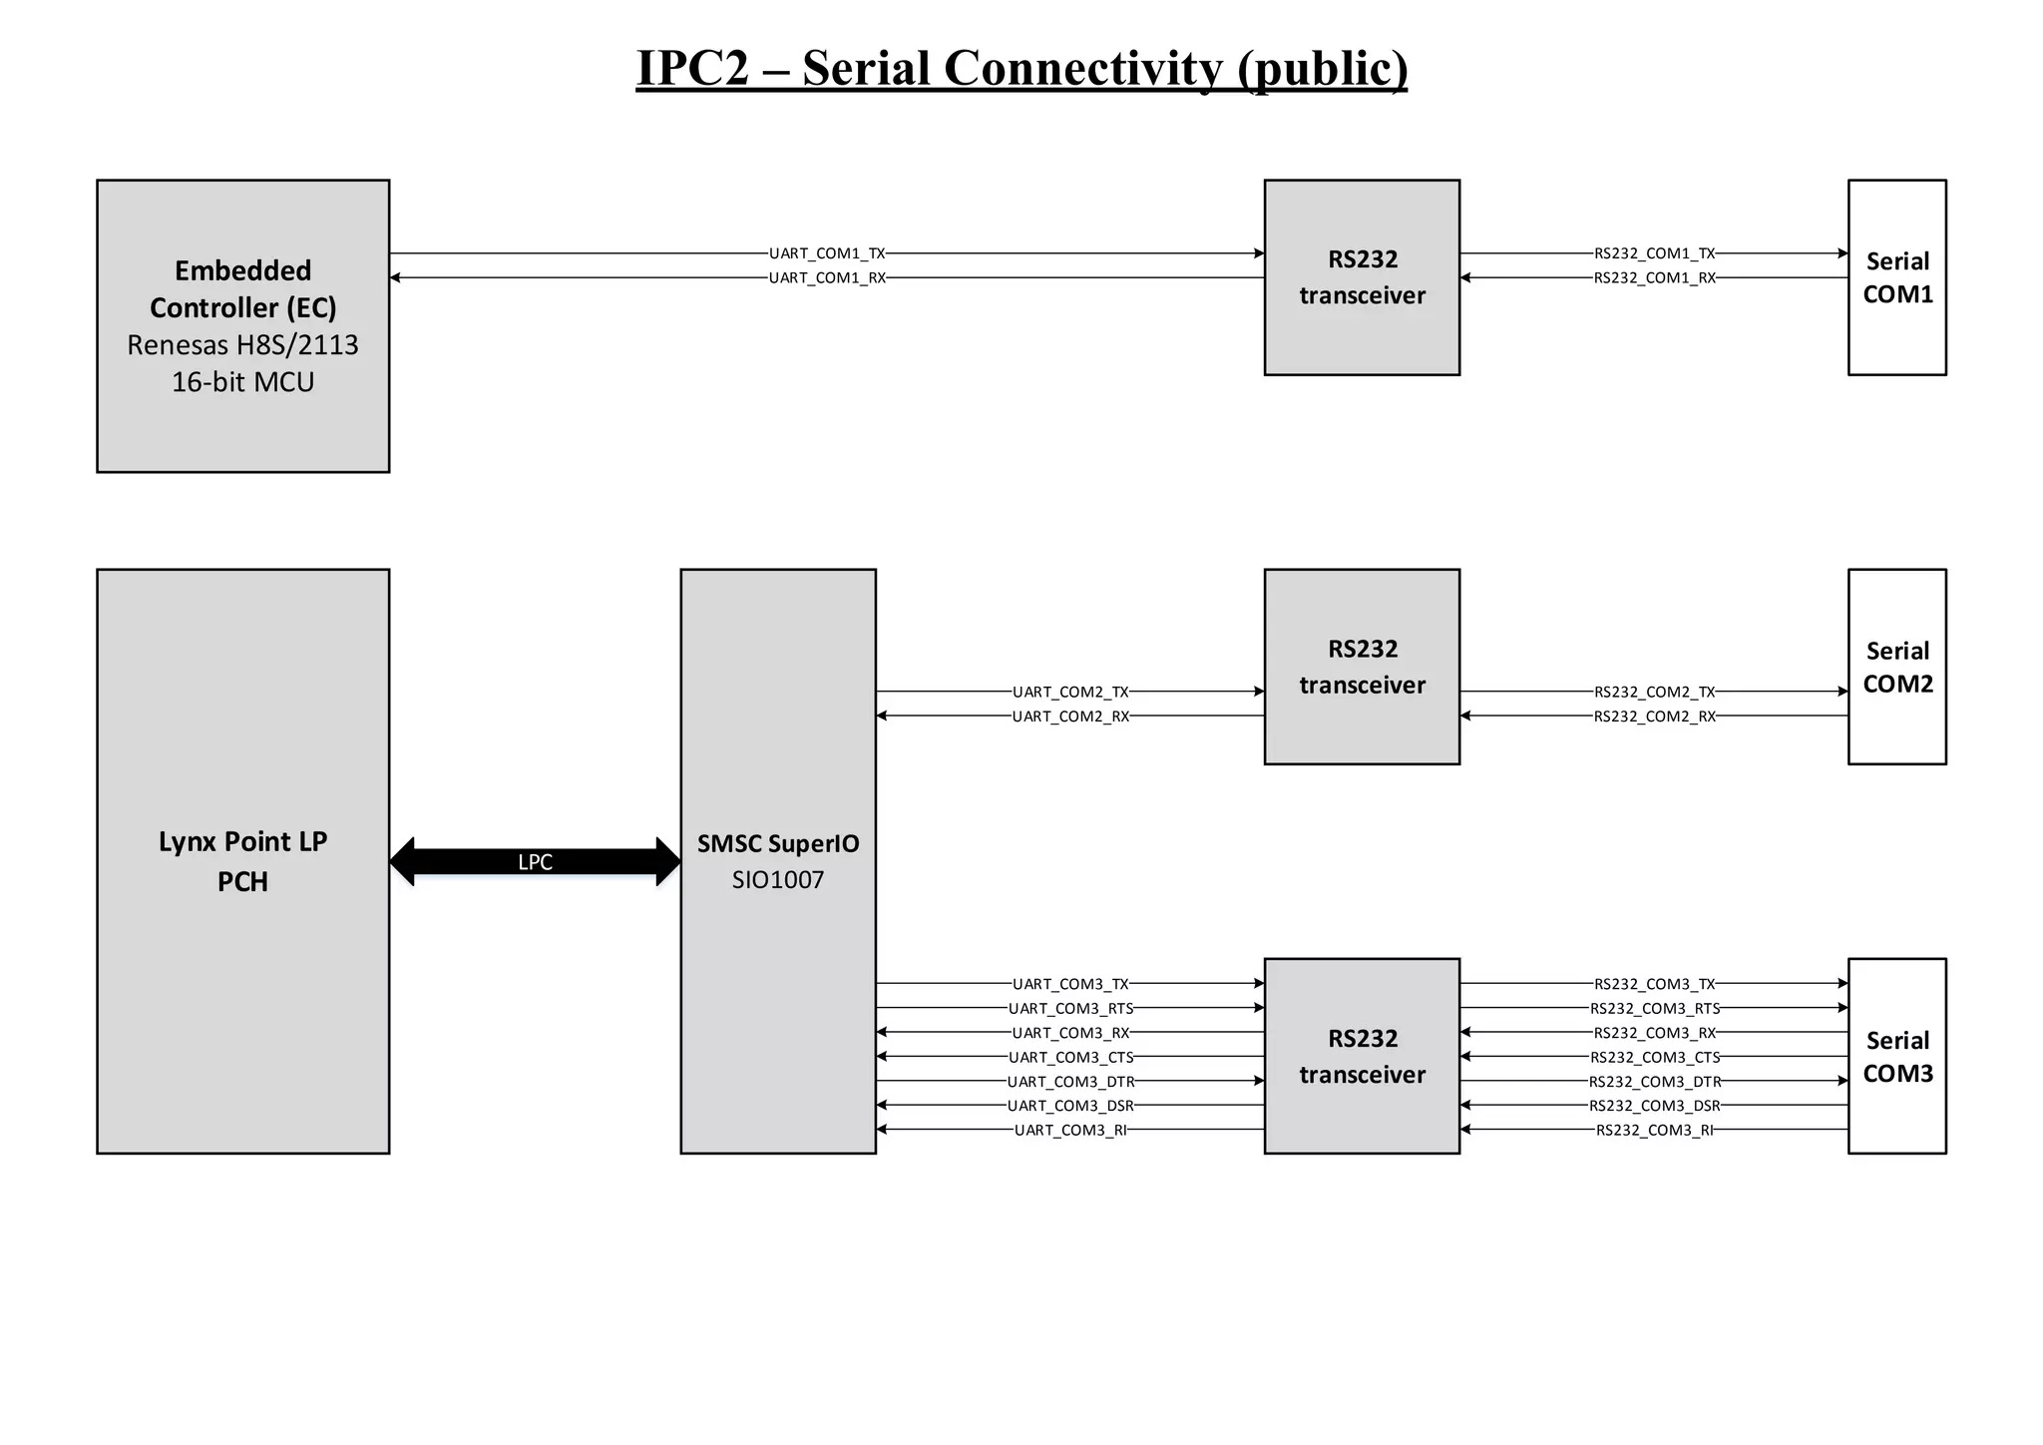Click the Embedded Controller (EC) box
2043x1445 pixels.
tap(242, 325)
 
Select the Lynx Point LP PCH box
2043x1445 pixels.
tap(242, 860)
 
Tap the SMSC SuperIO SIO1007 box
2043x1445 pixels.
tap(777, 860)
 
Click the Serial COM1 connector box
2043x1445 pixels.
tap(1896, 277)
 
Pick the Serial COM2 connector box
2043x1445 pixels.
tap(1896, 667)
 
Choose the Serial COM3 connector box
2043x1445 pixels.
tap(1896, 1056)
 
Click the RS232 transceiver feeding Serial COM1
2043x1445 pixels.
tap(1362, 277)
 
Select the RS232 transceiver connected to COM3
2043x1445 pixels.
tap(1362, 1056)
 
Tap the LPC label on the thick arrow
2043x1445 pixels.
tap(535, 862)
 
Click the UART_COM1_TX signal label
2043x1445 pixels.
tap(827, 253)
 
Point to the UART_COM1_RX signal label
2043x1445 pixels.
tap(827, 277)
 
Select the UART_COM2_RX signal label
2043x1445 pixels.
tap(1070, 716)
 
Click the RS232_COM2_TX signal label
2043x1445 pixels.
tap(1654, 692)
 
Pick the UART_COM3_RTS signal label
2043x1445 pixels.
tap(1070, 1008)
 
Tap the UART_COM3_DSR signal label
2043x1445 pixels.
tap(1070, 1105)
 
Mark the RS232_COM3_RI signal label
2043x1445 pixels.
tap(1654, 1130)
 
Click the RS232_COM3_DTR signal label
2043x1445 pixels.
tap(1654, 1081)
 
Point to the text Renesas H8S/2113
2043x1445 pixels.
tap(242, 345)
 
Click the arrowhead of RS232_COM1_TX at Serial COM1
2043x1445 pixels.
tap(1842, 253)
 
